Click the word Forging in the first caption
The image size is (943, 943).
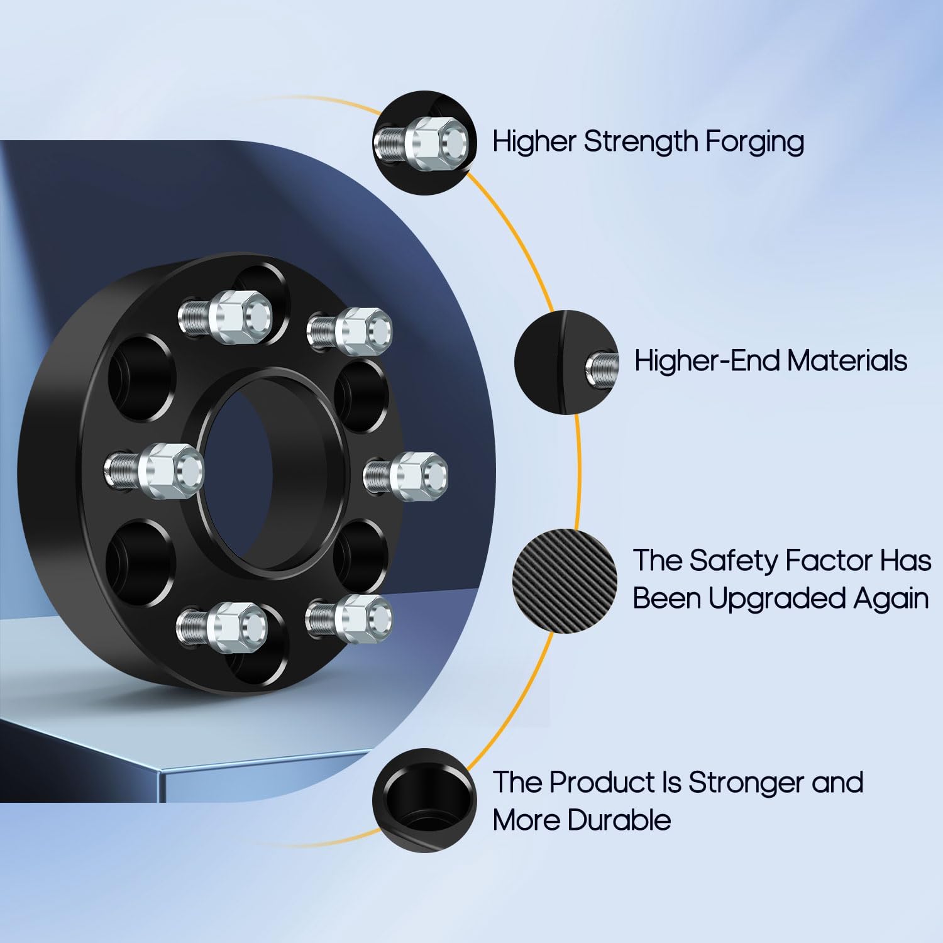[754, 142]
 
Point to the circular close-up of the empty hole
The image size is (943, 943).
[424, 800]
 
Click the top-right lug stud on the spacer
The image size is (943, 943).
[351, 328]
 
